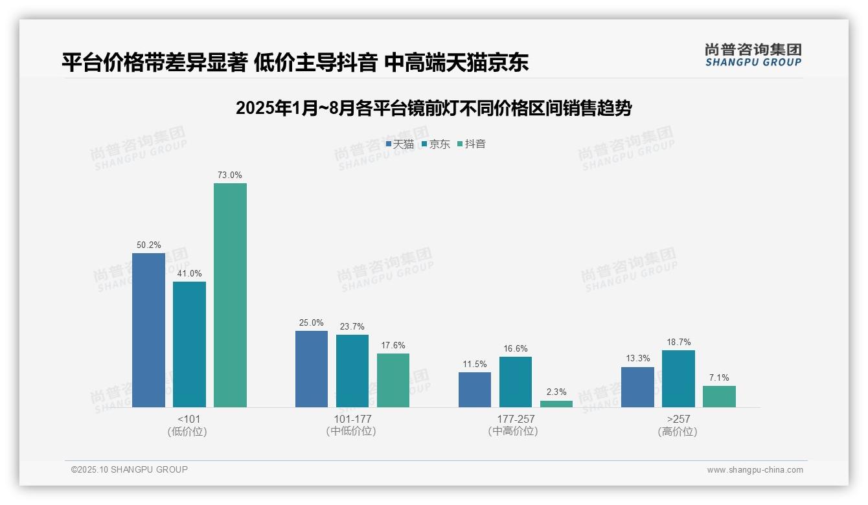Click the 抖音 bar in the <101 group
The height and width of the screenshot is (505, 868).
230,295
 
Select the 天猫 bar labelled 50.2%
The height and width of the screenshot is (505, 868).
148,330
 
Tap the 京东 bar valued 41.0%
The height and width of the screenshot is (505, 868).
189,344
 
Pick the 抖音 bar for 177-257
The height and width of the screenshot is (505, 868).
556,404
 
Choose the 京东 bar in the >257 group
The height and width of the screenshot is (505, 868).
678,379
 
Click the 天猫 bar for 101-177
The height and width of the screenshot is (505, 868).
312,369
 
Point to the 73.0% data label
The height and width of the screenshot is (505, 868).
230,175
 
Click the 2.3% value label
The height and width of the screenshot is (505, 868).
556,392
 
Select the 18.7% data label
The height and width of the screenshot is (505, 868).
678,342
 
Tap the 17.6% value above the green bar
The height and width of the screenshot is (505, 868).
393,345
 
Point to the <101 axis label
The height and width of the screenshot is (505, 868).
188,419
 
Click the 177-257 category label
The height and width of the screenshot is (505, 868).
516,419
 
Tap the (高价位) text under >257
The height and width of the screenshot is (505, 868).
678,431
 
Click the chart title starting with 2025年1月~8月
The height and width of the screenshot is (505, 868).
433,108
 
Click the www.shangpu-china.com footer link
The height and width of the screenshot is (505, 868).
755,470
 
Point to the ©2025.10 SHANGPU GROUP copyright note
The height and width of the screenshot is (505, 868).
130,469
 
